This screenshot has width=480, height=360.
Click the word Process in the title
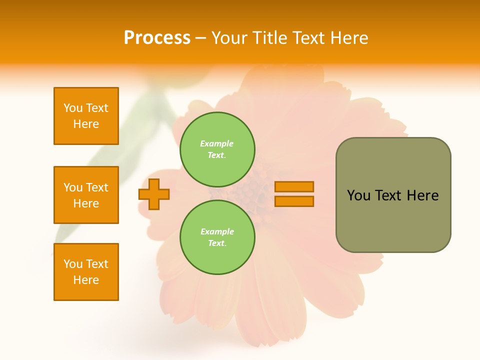pos(157,38)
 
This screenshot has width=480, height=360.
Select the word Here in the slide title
pos(346,38)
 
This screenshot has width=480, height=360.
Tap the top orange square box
pos(86,116)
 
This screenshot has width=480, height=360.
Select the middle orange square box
pos(86,195)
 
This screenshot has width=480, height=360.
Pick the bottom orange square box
pos(86,272)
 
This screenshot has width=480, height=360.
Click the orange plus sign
pos(154,194)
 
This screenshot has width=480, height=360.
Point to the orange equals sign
pos(294,194)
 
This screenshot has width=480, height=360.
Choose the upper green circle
pos(217,149)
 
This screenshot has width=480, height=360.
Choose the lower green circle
pos(217,237)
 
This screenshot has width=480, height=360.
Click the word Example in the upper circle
pos(217,143)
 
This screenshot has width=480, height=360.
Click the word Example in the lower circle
pos(217,231)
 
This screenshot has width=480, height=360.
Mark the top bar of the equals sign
pos(294,186)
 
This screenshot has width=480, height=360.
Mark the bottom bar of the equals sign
pos(294,201)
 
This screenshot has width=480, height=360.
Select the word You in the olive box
pos(358,195)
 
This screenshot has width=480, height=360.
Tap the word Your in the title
pos(230,38)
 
